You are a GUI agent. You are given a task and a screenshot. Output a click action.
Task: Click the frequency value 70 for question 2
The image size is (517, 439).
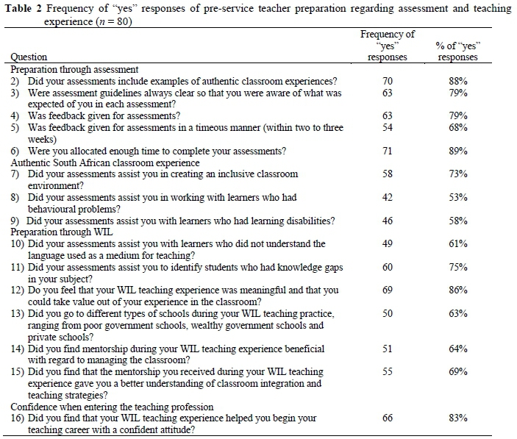388,81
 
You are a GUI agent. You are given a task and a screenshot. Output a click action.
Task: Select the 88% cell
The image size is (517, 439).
458,81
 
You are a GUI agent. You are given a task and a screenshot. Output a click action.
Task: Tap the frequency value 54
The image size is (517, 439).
388,127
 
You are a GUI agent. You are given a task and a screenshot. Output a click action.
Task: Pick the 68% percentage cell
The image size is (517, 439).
458,127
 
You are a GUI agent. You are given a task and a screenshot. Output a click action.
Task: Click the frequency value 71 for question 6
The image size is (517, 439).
388,151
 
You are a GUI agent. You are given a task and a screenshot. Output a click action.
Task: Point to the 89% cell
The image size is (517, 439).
458,151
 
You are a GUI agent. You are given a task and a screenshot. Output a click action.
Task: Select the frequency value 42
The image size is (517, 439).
388,197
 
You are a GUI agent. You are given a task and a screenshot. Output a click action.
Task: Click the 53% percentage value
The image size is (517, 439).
458,197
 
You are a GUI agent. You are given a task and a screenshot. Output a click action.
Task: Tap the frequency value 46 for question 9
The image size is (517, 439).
388,221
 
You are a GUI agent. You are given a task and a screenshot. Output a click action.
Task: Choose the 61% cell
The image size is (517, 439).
458,243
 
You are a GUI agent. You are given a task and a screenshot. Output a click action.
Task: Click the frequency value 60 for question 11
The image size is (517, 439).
388,267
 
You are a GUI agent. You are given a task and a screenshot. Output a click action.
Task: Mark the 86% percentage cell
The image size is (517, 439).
458,290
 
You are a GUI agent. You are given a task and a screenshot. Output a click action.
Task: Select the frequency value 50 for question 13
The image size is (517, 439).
388,313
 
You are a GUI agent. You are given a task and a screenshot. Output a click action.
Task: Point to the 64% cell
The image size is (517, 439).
458,349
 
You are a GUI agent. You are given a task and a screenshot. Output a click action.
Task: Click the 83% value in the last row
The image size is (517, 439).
458,418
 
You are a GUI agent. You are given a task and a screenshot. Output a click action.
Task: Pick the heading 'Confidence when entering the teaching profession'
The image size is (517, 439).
112,407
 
